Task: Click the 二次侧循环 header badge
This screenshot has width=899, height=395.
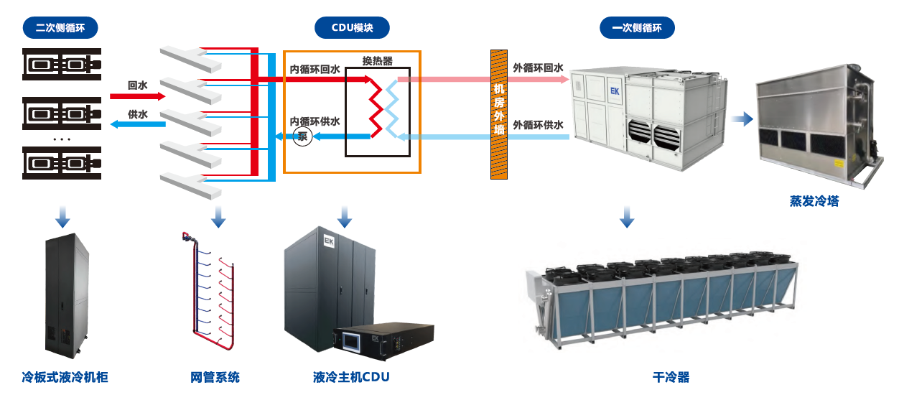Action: [x=62, y=29]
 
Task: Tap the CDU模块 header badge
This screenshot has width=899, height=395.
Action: [x=352, y=29]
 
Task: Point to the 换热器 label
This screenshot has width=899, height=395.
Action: [x=378, y=62]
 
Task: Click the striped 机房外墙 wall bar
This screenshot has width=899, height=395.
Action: [x=499, y=114]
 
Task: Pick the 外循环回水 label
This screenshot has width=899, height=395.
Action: [x=538, y=68]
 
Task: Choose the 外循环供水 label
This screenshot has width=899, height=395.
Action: [x=538, y=125]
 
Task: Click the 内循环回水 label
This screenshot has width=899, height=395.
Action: [x=315, y=70]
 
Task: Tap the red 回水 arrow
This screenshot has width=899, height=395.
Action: [x=137, y=96]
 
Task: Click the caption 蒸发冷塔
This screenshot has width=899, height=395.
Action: [x=814, y=202]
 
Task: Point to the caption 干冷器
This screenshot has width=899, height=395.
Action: [x=671, y=377]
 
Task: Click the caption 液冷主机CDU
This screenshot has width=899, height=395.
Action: [x=351, y=377]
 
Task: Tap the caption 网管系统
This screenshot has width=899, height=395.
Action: [x=215, y=377]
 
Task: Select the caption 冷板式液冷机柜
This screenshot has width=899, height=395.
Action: [x=65, y=377]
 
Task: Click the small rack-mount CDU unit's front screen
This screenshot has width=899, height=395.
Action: [x=353, y=340]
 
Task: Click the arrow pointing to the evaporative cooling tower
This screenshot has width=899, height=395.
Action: [x=743, y=118]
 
